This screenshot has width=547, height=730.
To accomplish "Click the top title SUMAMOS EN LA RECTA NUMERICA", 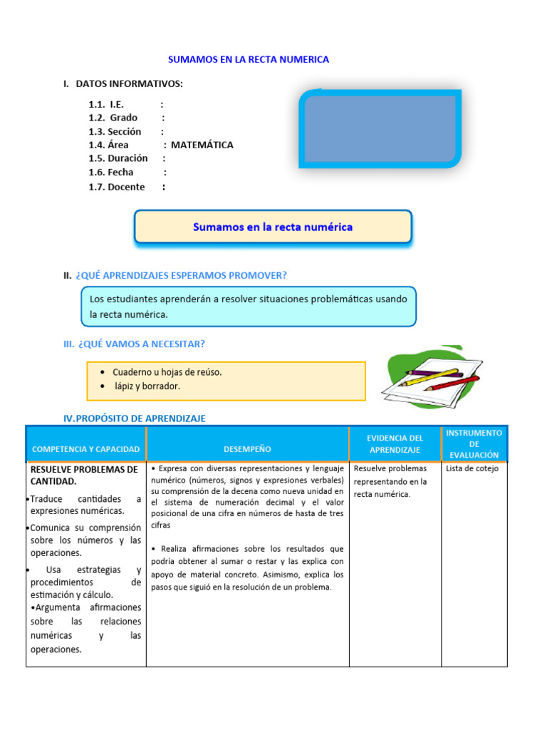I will pyautogui.click(x=248, y=60).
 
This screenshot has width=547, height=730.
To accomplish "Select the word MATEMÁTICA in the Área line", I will pyautogui.click(x=202, y=145).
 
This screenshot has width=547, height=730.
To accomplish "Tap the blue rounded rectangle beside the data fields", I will pyautogui.click(x=380, y=129).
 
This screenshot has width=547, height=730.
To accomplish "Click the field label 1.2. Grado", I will pyautogui.click(x=113, y=118).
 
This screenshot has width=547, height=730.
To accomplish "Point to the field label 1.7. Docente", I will pyautogui.click(x=117, y=187).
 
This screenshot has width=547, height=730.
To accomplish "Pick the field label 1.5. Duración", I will pyautogui.click(x=118, y=158).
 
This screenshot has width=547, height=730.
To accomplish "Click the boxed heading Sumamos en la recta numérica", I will pyautogui.click(x=273, y=227).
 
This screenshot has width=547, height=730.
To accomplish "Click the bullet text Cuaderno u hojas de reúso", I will pyautogui.click(x=167, y=372).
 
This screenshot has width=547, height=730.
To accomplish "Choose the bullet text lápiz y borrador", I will pyautogui.click(x=147, y=386).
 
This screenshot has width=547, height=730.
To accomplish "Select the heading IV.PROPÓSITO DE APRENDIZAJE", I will pyautogui.click(x=135, y=418).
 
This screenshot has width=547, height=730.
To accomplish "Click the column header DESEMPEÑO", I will pyautogui.click(x=247, y=449).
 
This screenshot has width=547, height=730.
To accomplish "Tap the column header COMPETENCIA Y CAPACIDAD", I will pyautogui.click(x=86, y=449).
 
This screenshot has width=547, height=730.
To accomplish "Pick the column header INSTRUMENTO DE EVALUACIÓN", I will pyautogui.click(x=474, y=443).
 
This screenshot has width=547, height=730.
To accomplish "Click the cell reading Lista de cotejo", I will pyautogui.click(x=472, y=468).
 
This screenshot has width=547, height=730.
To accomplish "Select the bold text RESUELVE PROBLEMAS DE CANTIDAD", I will pyautogui.click(x=84, y=475).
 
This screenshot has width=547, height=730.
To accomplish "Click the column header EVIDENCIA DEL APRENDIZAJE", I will pyautogui.click(x=395, y=443).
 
